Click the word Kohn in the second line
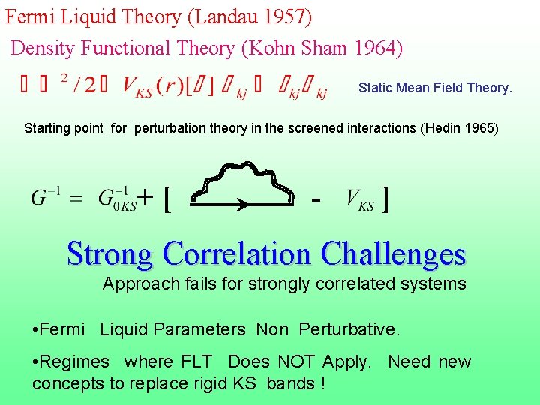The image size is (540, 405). point(273,49)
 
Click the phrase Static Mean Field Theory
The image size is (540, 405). point(435,88)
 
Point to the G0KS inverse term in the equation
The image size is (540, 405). point(117,199)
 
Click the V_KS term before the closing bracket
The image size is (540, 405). point(359,199)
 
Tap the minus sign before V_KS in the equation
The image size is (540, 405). point(317,199)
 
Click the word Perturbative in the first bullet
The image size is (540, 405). point(349,329)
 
